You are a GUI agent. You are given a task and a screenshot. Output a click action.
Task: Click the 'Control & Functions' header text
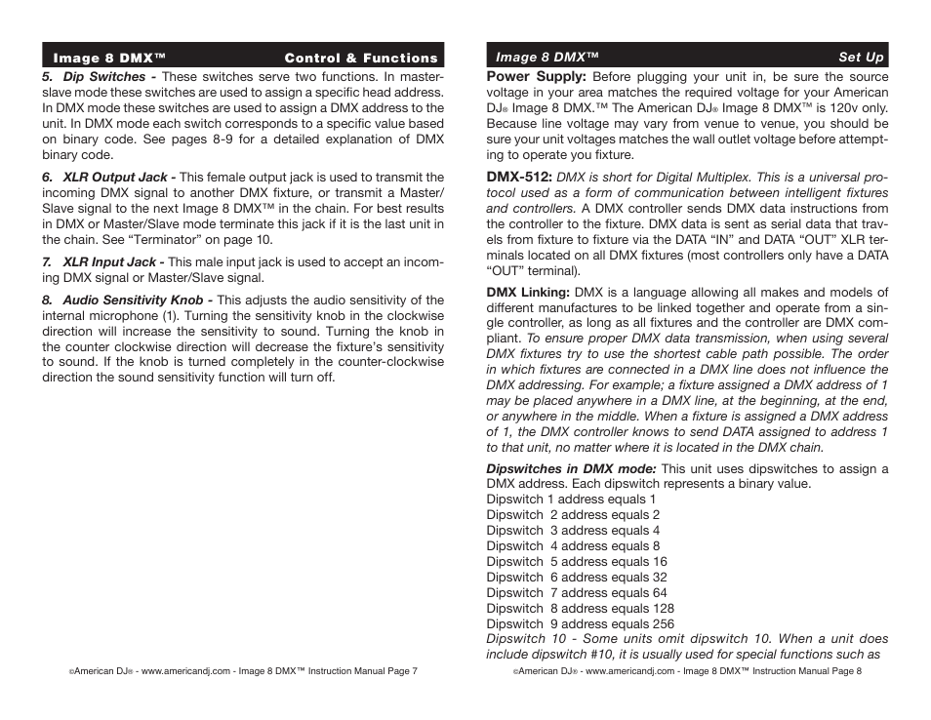point(361,58)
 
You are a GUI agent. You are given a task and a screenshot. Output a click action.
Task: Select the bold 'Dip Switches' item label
point(103,76)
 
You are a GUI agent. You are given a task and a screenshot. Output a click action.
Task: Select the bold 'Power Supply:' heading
point(536,76)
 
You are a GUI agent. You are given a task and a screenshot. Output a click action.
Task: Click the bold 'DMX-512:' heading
point(519,178)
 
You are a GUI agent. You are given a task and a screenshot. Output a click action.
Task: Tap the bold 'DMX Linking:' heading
point(528,293)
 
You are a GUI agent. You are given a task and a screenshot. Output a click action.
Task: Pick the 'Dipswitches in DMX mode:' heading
point(571,468)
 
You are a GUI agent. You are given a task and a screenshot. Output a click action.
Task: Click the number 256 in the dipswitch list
point(663,624)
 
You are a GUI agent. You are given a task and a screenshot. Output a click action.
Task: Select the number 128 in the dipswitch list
point(663,609)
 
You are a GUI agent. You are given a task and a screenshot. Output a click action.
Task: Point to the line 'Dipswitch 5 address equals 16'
point(577,562)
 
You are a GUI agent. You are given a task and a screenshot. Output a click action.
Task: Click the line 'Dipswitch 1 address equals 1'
point(571,500)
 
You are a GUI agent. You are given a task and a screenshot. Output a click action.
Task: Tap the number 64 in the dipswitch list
point(660,593)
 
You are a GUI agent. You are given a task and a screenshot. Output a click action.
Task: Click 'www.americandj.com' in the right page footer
point(630,672)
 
